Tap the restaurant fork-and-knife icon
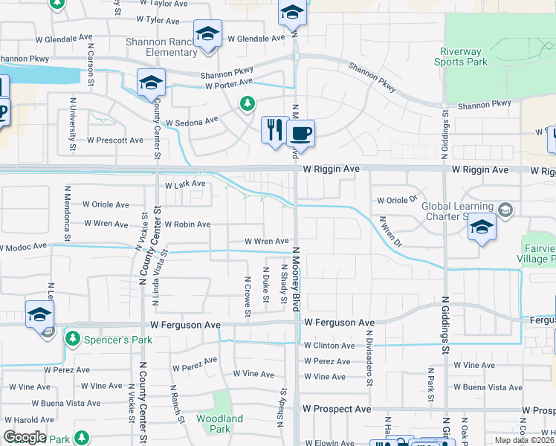tap(275, 129)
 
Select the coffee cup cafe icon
tap(300, 134)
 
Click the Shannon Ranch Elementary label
tap(161, 48)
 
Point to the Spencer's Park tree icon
tap(72, 339)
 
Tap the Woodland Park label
tap(220, 424)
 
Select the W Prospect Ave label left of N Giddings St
tap(337, 410)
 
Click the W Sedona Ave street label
tap(192, 120)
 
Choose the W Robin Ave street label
tap(187, 224)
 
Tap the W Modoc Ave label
tap(23, 246)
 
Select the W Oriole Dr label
tap(397, 200)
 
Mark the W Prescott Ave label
tap(115, 140)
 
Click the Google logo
tap(25, 437)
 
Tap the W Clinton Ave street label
tap(329, 346)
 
